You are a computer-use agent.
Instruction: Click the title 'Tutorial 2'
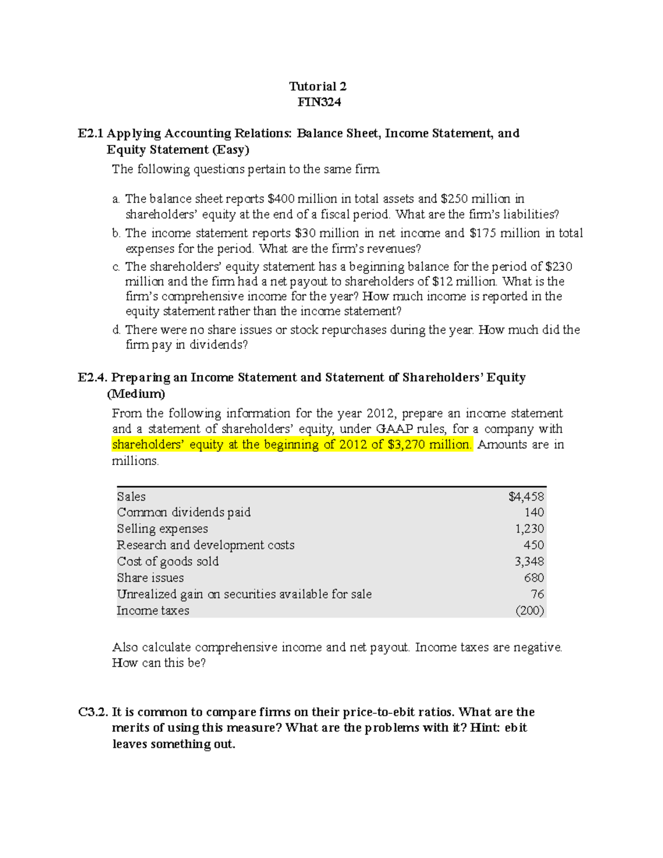pyautogui.click(x=318, y=86)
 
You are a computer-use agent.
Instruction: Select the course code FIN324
pyautogui.click(x=319, y=102)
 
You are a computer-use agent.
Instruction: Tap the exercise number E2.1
pyautogui.click(x=91, y=133)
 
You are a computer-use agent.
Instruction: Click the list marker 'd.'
pyautogui.click(x=116, y=330)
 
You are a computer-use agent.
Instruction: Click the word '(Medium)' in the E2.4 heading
pyautogui.click(x=135, y=394)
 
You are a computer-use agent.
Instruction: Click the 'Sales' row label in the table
pyautogui.click(x=131, y=497)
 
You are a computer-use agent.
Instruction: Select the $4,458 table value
pyautogui.click(x=526, y=497)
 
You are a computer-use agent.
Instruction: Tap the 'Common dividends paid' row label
pyautogui.click(x=183, y=513)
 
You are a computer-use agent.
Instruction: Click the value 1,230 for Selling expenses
pyautogui.click(x=529, y=529)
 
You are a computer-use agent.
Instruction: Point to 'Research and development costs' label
pyautogui.click(x=206, y=545)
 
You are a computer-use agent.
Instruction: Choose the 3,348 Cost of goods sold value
pyautogui.click(x=529, y=561)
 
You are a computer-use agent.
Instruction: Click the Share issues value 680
pyautogui.click(x=534, y=578)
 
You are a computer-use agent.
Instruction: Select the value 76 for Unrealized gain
pyautogui.click(x=537, y=594)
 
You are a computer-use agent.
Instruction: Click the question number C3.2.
pyautogui.click(x=92, y=712)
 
